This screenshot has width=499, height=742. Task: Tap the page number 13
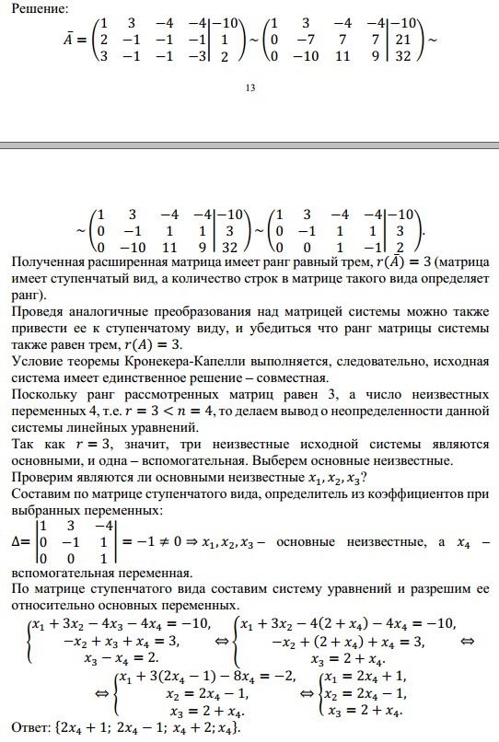pos(249,88)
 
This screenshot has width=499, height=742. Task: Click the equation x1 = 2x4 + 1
pos(369,678)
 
